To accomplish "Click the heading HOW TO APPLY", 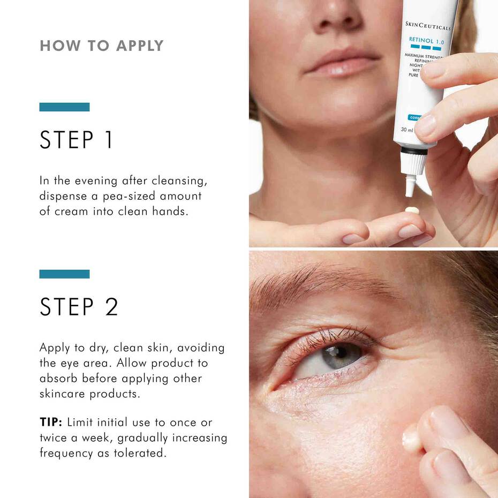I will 101,46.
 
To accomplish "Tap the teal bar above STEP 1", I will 64,107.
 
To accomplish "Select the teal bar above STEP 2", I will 64,274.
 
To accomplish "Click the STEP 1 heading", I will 77,140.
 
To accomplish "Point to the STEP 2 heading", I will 79,307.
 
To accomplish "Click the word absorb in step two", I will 59,378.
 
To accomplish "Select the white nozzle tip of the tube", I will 410,185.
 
